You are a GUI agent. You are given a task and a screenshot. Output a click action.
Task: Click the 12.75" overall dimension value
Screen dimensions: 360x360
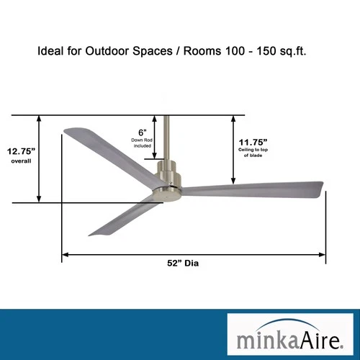point(22,151)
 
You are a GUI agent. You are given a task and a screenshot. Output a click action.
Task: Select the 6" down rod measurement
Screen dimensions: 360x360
point(143,132)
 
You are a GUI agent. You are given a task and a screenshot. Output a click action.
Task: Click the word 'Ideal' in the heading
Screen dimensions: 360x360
point(50,52)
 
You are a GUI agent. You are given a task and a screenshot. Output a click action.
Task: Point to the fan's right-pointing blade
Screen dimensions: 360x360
point(252,189)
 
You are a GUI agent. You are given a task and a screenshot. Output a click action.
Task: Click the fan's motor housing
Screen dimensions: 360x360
point(169,180)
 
